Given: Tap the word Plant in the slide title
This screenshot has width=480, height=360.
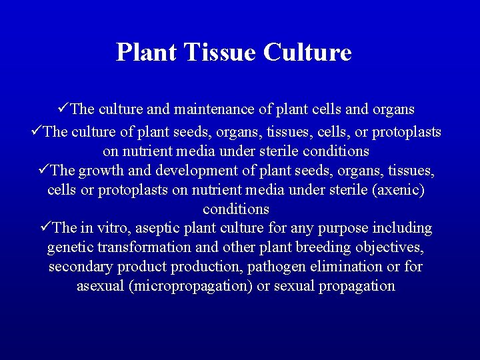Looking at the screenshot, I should coord(147,52).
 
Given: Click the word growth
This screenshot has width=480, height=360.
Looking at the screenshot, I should coord(99,171).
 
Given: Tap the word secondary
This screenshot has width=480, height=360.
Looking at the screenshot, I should coord(81,267).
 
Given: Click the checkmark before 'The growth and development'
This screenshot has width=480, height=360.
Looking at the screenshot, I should coord(44,170).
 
